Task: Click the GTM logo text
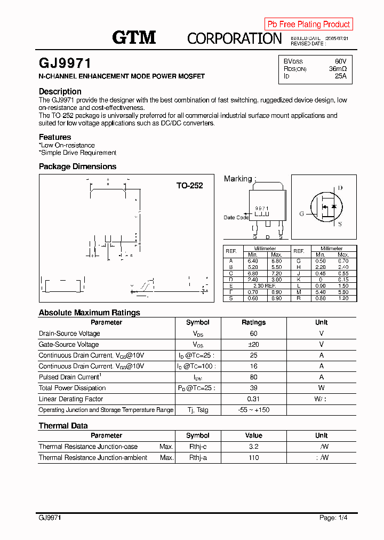pos(134,37)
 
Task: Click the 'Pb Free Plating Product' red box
pos(308,24)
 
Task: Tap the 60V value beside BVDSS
pos(340,61)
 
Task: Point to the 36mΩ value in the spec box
pos(338,69)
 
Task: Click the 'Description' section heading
pos(60,91)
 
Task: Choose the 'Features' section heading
pos(55,137)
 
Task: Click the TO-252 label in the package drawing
pos(190,186)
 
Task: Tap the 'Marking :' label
pos(240,179)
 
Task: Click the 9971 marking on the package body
pos(261,208)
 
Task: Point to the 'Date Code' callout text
pos(236,218)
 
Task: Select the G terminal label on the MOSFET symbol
pos(301,213)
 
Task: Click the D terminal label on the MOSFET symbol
pos(340,188)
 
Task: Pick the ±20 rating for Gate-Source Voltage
pos(253,344)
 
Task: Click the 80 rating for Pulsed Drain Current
pos(253,377)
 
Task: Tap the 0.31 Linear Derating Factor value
pos(253,399)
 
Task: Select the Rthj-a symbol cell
pos(197,457)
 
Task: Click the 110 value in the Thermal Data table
pos(253,457)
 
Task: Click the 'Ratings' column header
pos(253,322)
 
